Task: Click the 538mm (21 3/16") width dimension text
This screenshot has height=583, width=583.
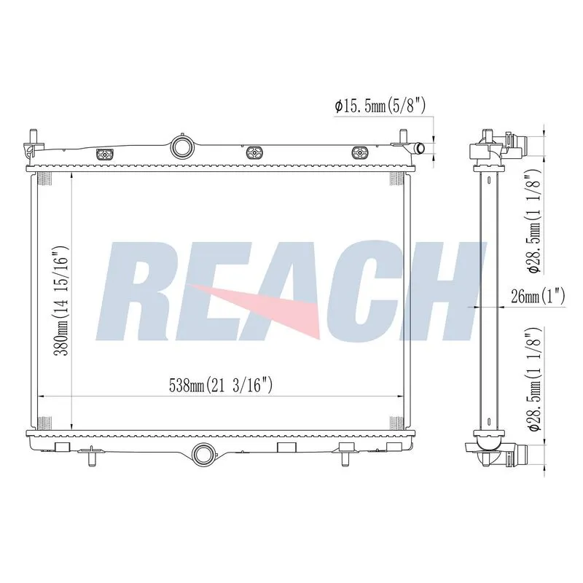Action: [x=221, y=386]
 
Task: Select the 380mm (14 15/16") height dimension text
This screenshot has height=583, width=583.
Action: [x=62, y=301]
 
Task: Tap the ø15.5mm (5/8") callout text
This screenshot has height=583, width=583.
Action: [x=380, y=106]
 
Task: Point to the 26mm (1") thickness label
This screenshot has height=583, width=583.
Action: [x=538, y=297]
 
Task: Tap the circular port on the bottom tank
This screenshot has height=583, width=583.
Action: [x=203, y=454]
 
